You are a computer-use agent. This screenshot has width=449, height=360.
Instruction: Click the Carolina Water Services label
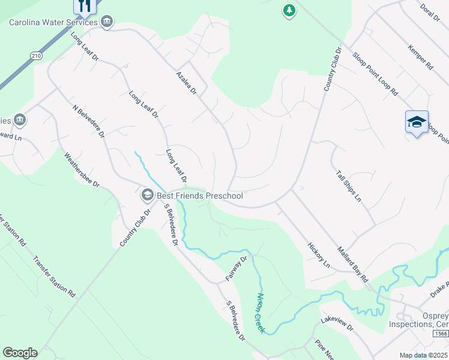click(x=53, y=23)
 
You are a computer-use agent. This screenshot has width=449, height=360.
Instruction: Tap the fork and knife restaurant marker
click(x=84, y=6)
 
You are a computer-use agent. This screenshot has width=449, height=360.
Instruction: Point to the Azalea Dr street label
click(x=187, y=82)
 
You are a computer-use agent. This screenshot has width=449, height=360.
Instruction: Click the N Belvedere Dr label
click(x=89, y=122)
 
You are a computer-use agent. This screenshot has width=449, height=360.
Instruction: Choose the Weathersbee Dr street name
click(x=82, y=169)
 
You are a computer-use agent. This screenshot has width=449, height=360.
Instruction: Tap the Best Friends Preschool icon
click(x=147, y=195)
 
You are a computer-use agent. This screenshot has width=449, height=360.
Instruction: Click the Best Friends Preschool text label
click(x=199, y=196)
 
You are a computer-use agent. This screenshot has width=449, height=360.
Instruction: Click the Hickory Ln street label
click(x=319, y=254)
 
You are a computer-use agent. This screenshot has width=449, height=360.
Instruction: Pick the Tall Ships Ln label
click(x=349, y=185)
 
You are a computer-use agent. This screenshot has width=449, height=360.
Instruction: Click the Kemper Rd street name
click(x=420, y=57)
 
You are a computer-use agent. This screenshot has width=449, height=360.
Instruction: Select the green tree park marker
click(x=289, y=10)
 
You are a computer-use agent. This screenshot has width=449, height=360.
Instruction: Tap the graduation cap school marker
click(x=417, y=122)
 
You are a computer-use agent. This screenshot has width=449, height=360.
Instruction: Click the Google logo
click(x=20, y=353)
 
